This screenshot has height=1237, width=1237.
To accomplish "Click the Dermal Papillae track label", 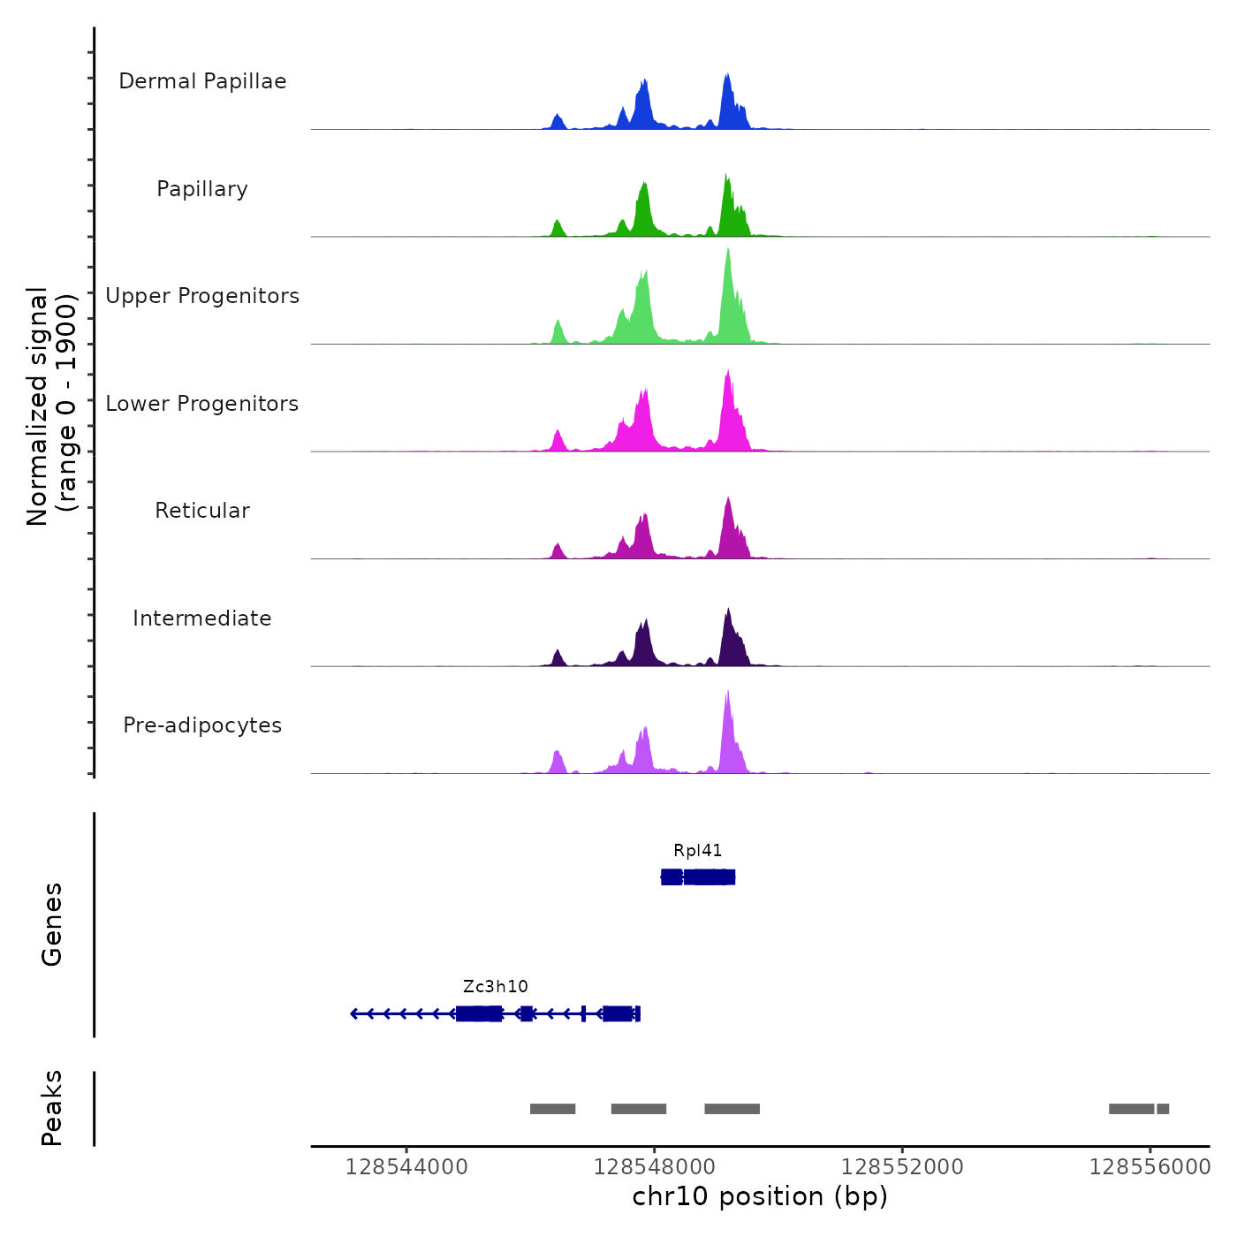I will [202, 81].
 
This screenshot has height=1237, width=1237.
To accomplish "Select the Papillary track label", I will [202, 189].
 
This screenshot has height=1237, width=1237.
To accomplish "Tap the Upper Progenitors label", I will [202, 296].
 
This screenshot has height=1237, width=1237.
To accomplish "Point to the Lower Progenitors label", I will [202, 404].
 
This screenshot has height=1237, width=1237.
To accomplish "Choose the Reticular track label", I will [202, 511].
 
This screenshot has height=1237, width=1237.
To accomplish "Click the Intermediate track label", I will [202, 618].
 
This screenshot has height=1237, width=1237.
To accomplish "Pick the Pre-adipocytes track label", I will [202, 725].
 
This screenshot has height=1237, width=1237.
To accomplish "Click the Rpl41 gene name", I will [698, 851].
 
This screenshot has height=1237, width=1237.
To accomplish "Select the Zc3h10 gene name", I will [496, 987].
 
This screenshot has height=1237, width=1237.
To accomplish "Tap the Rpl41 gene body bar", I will [698, 877].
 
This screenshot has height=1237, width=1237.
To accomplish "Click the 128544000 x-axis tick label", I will [406, 1167].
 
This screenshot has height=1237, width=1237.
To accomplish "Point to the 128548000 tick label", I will [655, 1167].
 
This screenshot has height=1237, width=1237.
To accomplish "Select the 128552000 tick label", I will [902, 1167].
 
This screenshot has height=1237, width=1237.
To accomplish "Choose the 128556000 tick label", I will [1150, 1167].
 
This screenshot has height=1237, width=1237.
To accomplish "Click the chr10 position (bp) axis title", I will [760, 1196].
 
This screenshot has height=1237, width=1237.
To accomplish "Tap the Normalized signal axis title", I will [51, 406].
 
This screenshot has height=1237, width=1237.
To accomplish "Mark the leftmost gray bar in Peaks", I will [552, 1109].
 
